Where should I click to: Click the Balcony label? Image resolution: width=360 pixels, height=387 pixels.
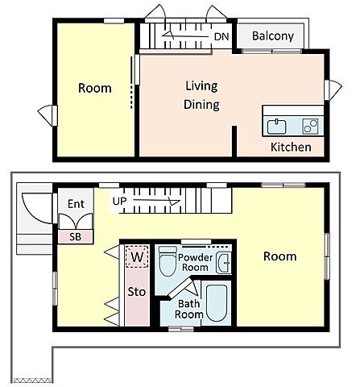273,36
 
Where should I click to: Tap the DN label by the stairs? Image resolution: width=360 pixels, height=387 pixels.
221,36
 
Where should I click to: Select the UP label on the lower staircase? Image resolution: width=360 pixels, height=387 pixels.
119,201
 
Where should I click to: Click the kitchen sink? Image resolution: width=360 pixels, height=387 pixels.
276,127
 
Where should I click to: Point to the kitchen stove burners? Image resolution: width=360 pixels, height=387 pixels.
310,126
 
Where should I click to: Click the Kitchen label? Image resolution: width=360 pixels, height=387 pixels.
291,147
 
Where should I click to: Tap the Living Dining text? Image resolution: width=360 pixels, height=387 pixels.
201,95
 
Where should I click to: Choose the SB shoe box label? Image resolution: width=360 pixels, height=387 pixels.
75,237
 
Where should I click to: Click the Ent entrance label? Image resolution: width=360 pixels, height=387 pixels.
76,204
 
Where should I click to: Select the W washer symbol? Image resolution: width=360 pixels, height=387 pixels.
137,256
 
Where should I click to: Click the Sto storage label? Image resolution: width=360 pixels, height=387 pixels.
137,292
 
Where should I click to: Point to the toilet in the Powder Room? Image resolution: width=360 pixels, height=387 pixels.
168,261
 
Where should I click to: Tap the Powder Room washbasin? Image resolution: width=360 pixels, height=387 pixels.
223,263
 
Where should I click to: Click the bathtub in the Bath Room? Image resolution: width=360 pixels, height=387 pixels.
217,303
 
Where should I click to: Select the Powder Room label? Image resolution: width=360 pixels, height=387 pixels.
195,262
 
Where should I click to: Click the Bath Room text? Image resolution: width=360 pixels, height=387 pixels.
189,309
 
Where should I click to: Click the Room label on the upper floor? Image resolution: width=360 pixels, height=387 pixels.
95,88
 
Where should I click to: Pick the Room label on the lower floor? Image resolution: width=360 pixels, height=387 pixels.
280,256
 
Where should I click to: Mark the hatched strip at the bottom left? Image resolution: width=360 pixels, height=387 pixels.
32,381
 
